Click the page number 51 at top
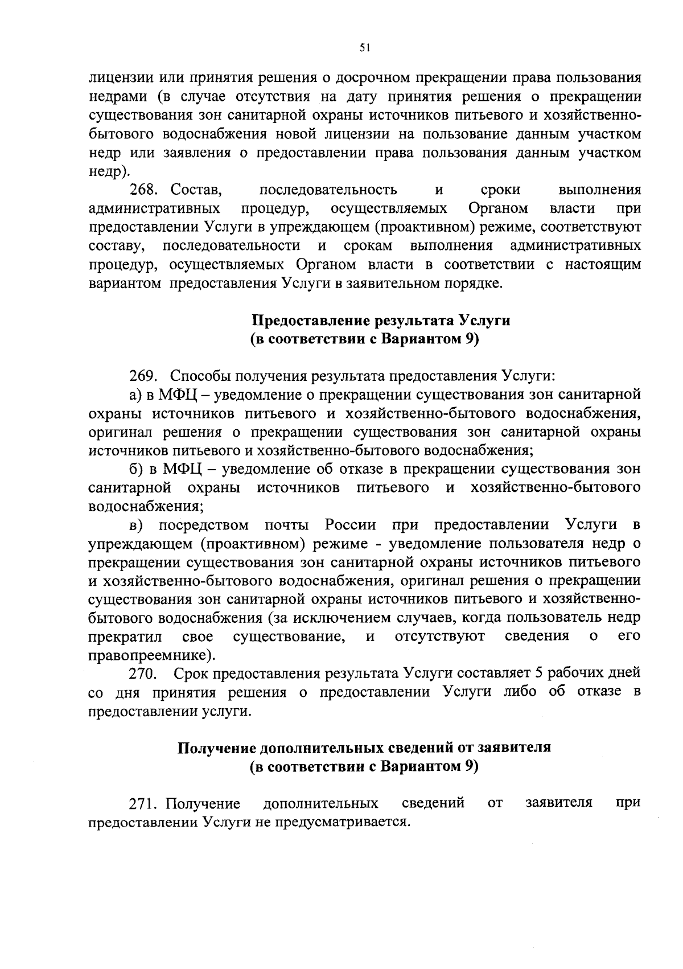point(365,49)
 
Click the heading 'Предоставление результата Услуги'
point(381,321)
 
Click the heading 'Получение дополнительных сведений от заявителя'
point(364,748)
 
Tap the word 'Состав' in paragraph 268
point(196,190)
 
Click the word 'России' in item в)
point(350,524)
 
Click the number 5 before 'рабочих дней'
point(538,674)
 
